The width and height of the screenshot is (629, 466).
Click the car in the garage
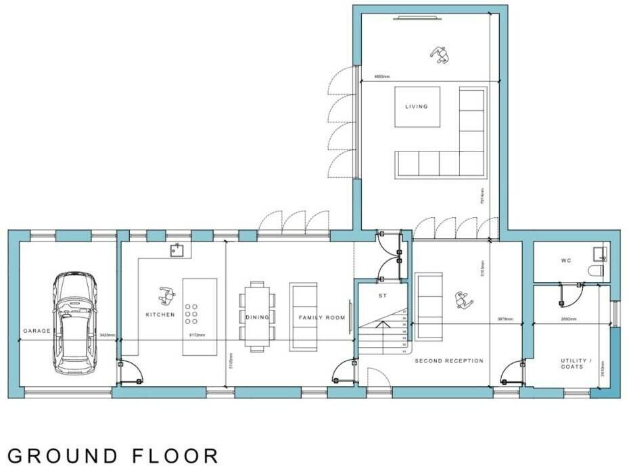click(x=74, y=323)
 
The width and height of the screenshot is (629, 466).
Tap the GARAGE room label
click(x=37, y=331)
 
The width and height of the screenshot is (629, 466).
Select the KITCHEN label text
click(x=160, y=314)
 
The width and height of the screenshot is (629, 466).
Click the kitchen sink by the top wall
click(x=179, y=251)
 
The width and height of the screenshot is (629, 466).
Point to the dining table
click(x=258, y=317)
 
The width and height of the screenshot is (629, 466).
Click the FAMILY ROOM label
click(x=323, y=317)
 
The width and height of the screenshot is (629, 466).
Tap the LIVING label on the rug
click(x=417, y=107)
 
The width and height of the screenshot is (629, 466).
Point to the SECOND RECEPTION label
click(x=449, y=361)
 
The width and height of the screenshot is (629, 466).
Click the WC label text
click(x=566, y=260)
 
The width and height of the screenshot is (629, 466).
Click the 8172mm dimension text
click(x=195, y=335)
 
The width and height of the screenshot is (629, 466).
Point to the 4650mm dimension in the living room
click(x=382, y=77)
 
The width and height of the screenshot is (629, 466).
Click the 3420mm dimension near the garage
click(x=108, y=335)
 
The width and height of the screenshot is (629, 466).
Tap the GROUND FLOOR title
click(x=114, y=455)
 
